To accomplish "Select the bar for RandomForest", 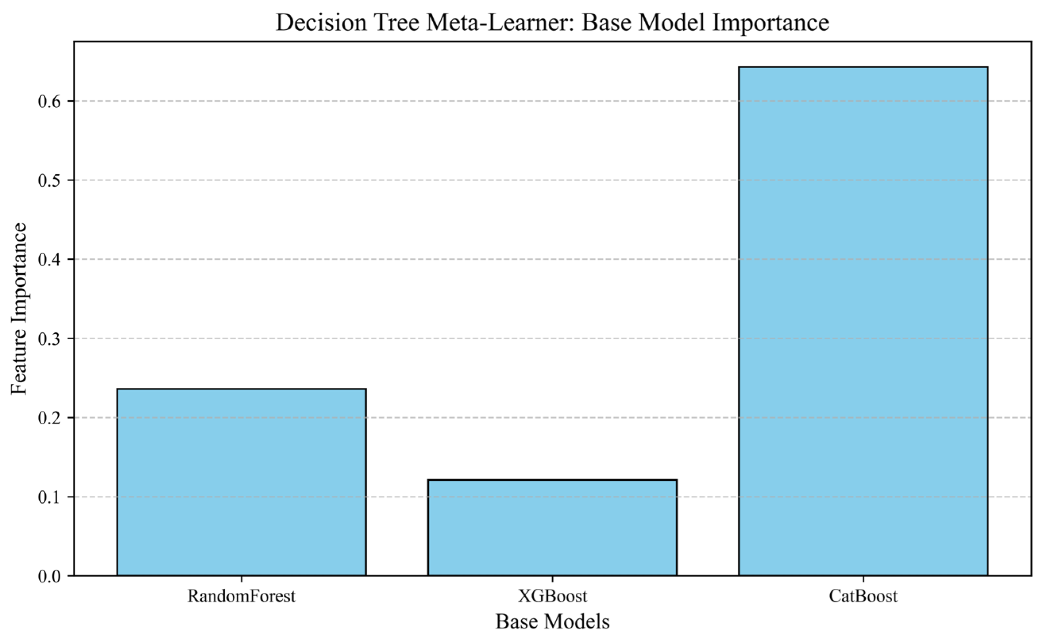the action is (241, 482).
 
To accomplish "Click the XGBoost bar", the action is (552, 528).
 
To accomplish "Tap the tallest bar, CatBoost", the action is (863, 321).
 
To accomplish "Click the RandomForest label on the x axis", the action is (241, 596).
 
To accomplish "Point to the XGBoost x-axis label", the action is (552, 596).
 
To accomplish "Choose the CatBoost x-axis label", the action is (863, 596).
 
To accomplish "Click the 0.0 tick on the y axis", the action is (50, 576).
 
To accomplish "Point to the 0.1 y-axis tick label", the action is (50, 497).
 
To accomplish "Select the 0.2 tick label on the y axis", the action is (50, 418).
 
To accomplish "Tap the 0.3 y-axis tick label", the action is (50, 339).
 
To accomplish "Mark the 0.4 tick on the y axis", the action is (50, 259).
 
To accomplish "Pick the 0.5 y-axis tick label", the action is (50, 180).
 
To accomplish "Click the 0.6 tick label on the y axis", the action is (50, 101).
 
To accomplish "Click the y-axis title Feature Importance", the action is (19, 309).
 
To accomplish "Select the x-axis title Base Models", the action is (552, 622).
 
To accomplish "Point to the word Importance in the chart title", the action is (770, 23).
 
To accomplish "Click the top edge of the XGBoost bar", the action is (552, 479).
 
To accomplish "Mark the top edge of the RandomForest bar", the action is (241, 389).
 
